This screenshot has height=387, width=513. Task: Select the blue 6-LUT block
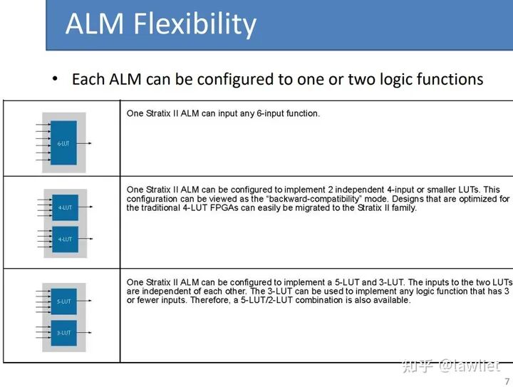click(63, 143)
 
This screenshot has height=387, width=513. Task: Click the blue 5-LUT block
click(63, 301)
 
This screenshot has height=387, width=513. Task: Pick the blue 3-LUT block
click(63, 333)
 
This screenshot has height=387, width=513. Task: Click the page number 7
click(507, 381)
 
